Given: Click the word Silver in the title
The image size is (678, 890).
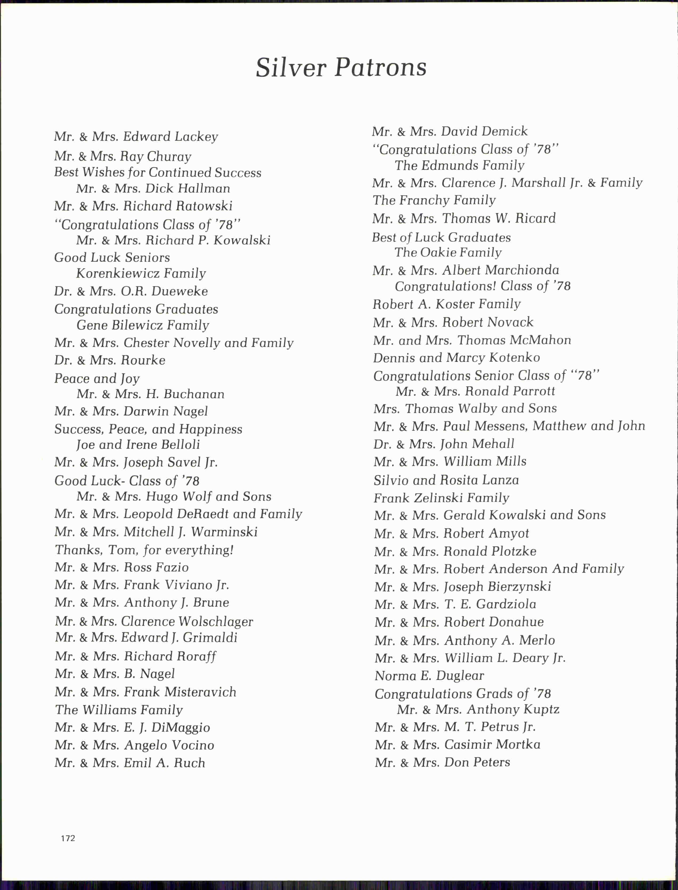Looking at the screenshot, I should tap(291, 67).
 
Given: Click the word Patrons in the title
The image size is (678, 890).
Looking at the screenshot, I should tap(381, 67).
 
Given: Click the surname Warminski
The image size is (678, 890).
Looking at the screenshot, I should tap(224, 532).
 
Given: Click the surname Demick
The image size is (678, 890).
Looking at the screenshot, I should tap(505, 132).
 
